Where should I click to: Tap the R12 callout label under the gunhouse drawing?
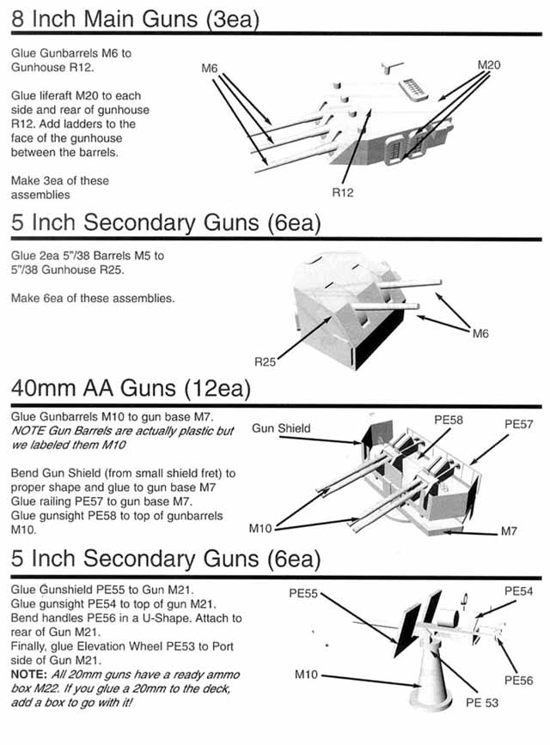point(342,193)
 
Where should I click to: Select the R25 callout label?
point(265,362)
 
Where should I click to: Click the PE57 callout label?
point(520,423)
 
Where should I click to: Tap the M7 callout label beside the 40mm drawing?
point(510,532)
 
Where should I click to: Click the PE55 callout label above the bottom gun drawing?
point(302,591)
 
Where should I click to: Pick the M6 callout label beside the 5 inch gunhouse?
point(480,333)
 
